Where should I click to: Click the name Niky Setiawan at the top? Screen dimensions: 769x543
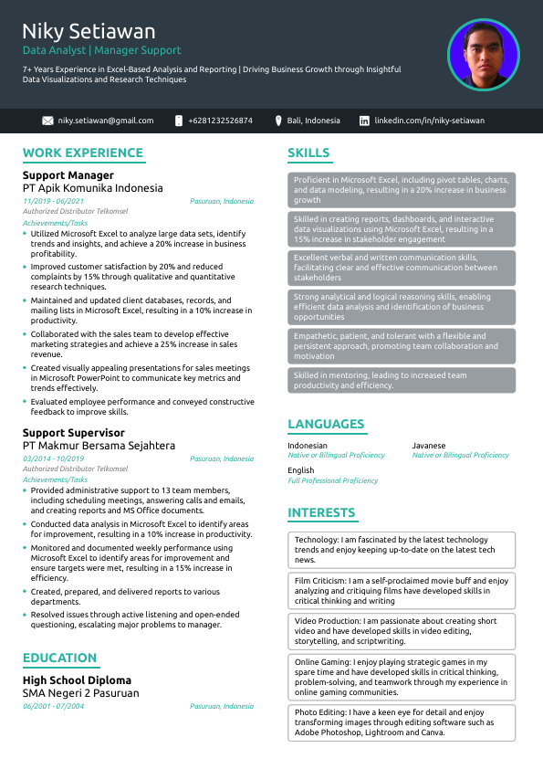point(89,32)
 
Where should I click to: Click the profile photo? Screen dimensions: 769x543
point(483,55)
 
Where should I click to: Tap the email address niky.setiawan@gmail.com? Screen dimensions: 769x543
point(106,121)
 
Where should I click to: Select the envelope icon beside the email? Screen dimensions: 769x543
point(47,121)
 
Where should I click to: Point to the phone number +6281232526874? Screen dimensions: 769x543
point(220,121)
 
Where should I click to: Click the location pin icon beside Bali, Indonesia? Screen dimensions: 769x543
point(279,121)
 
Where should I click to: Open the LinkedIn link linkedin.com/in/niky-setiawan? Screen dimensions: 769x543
point(430,121)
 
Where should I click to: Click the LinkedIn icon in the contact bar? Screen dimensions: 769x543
point(364,121)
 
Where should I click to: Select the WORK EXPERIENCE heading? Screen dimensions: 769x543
point(83,153)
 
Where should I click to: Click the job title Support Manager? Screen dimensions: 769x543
point(68,175)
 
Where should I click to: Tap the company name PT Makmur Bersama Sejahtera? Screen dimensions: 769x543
point(99,446)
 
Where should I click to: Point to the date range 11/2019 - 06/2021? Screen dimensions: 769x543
point(53,201)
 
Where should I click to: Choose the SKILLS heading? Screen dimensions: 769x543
point(308,153)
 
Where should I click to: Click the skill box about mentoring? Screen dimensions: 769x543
point(402,380)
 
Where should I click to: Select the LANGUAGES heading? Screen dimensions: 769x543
point(326,425)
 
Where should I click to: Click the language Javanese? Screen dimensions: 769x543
point(429,446)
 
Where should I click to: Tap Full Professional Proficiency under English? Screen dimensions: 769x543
point(332,480)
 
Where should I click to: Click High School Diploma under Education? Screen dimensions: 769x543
point(77,680)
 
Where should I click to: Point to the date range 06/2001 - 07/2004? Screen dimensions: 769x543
point(53,706)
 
